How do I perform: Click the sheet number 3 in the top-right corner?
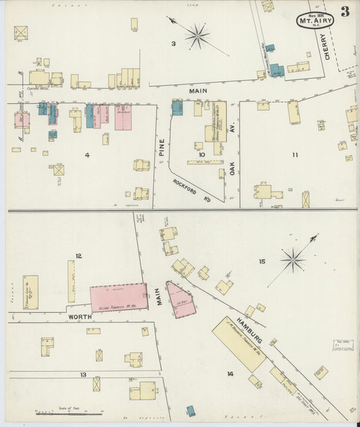(345, 11)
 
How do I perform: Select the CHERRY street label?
(330, 47)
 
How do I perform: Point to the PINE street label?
(161, 148)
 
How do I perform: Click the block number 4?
(87, 155)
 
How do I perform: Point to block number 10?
(201, 155)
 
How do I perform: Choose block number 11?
(295, 155)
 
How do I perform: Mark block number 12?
(79, 255)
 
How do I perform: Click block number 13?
(83, 374)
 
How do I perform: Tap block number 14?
(230, 373)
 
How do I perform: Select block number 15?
(262, 260)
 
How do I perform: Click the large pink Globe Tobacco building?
(119, 297)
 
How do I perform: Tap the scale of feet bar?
(68, 412)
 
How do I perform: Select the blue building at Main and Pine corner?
(177, 107)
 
